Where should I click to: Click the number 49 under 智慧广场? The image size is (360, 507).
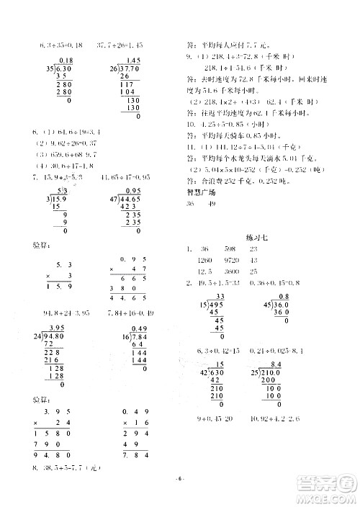coord(212,204)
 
